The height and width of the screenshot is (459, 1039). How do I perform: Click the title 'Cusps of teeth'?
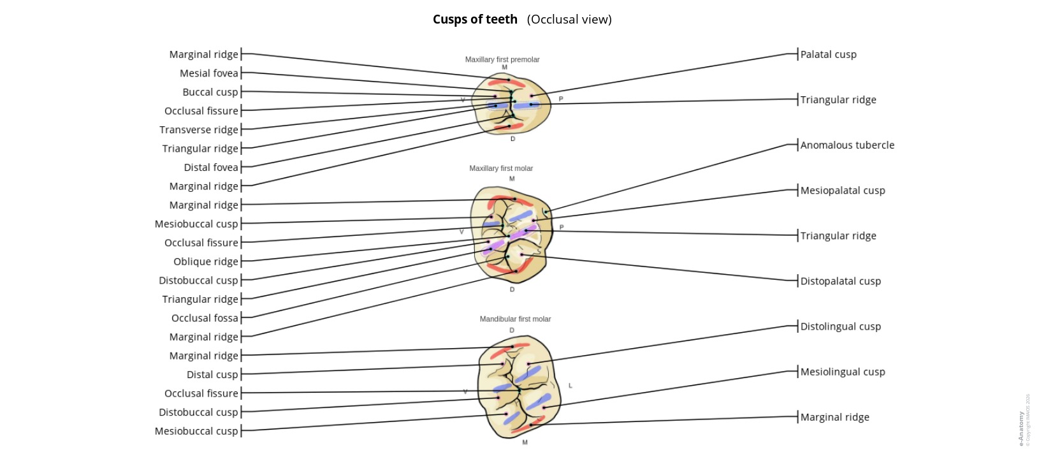(x=475, y=19)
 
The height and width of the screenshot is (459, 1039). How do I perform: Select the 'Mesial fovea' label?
(x=208, y=73)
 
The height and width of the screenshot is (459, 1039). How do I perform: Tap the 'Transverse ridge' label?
(x=198, y=130)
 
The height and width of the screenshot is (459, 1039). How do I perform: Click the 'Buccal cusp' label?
(x=210, y=92)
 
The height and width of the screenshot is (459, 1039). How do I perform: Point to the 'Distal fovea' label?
(x=210, y=168)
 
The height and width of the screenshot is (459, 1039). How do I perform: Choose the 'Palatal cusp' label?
(x=828, y=55)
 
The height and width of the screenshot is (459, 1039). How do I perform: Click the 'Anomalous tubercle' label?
(x=847, y=145)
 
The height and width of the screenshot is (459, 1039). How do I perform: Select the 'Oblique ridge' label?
(x=205, y=262)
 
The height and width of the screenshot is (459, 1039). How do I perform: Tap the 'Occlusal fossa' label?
(x=204, y=318)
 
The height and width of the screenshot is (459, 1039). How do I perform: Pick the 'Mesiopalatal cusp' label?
(x=842, y=191)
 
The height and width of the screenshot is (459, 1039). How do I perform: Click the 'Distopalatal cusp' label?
(x=840, y=281)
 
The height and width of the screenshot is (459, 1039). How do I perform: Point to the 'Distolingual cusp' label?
(x=840, y=326)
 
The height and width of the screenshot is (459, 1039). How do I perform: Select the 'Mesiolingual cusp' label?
(x=842, y=372)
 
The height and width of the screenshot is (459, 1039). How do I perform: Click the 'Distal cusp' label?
(x=212, y=375)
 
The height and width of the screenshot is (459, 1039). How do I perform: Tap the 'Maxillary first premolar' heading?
(x=502, y=59)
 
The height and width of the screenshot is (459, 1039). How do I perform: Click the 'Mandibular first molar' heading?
(x=515, y=319)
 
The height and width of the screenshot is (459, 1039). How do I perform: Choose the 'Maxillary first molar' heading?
(x=500, y=168)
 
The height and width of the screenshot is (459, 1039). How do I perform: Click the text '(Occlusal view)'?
(x=569, y=19)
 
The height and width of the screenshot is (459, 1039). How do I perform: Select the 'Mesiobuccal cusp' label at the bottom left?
(x=196, y=432)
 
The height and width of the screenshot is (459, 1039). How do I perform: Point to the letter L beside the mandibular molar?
(x=570, y=386)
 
